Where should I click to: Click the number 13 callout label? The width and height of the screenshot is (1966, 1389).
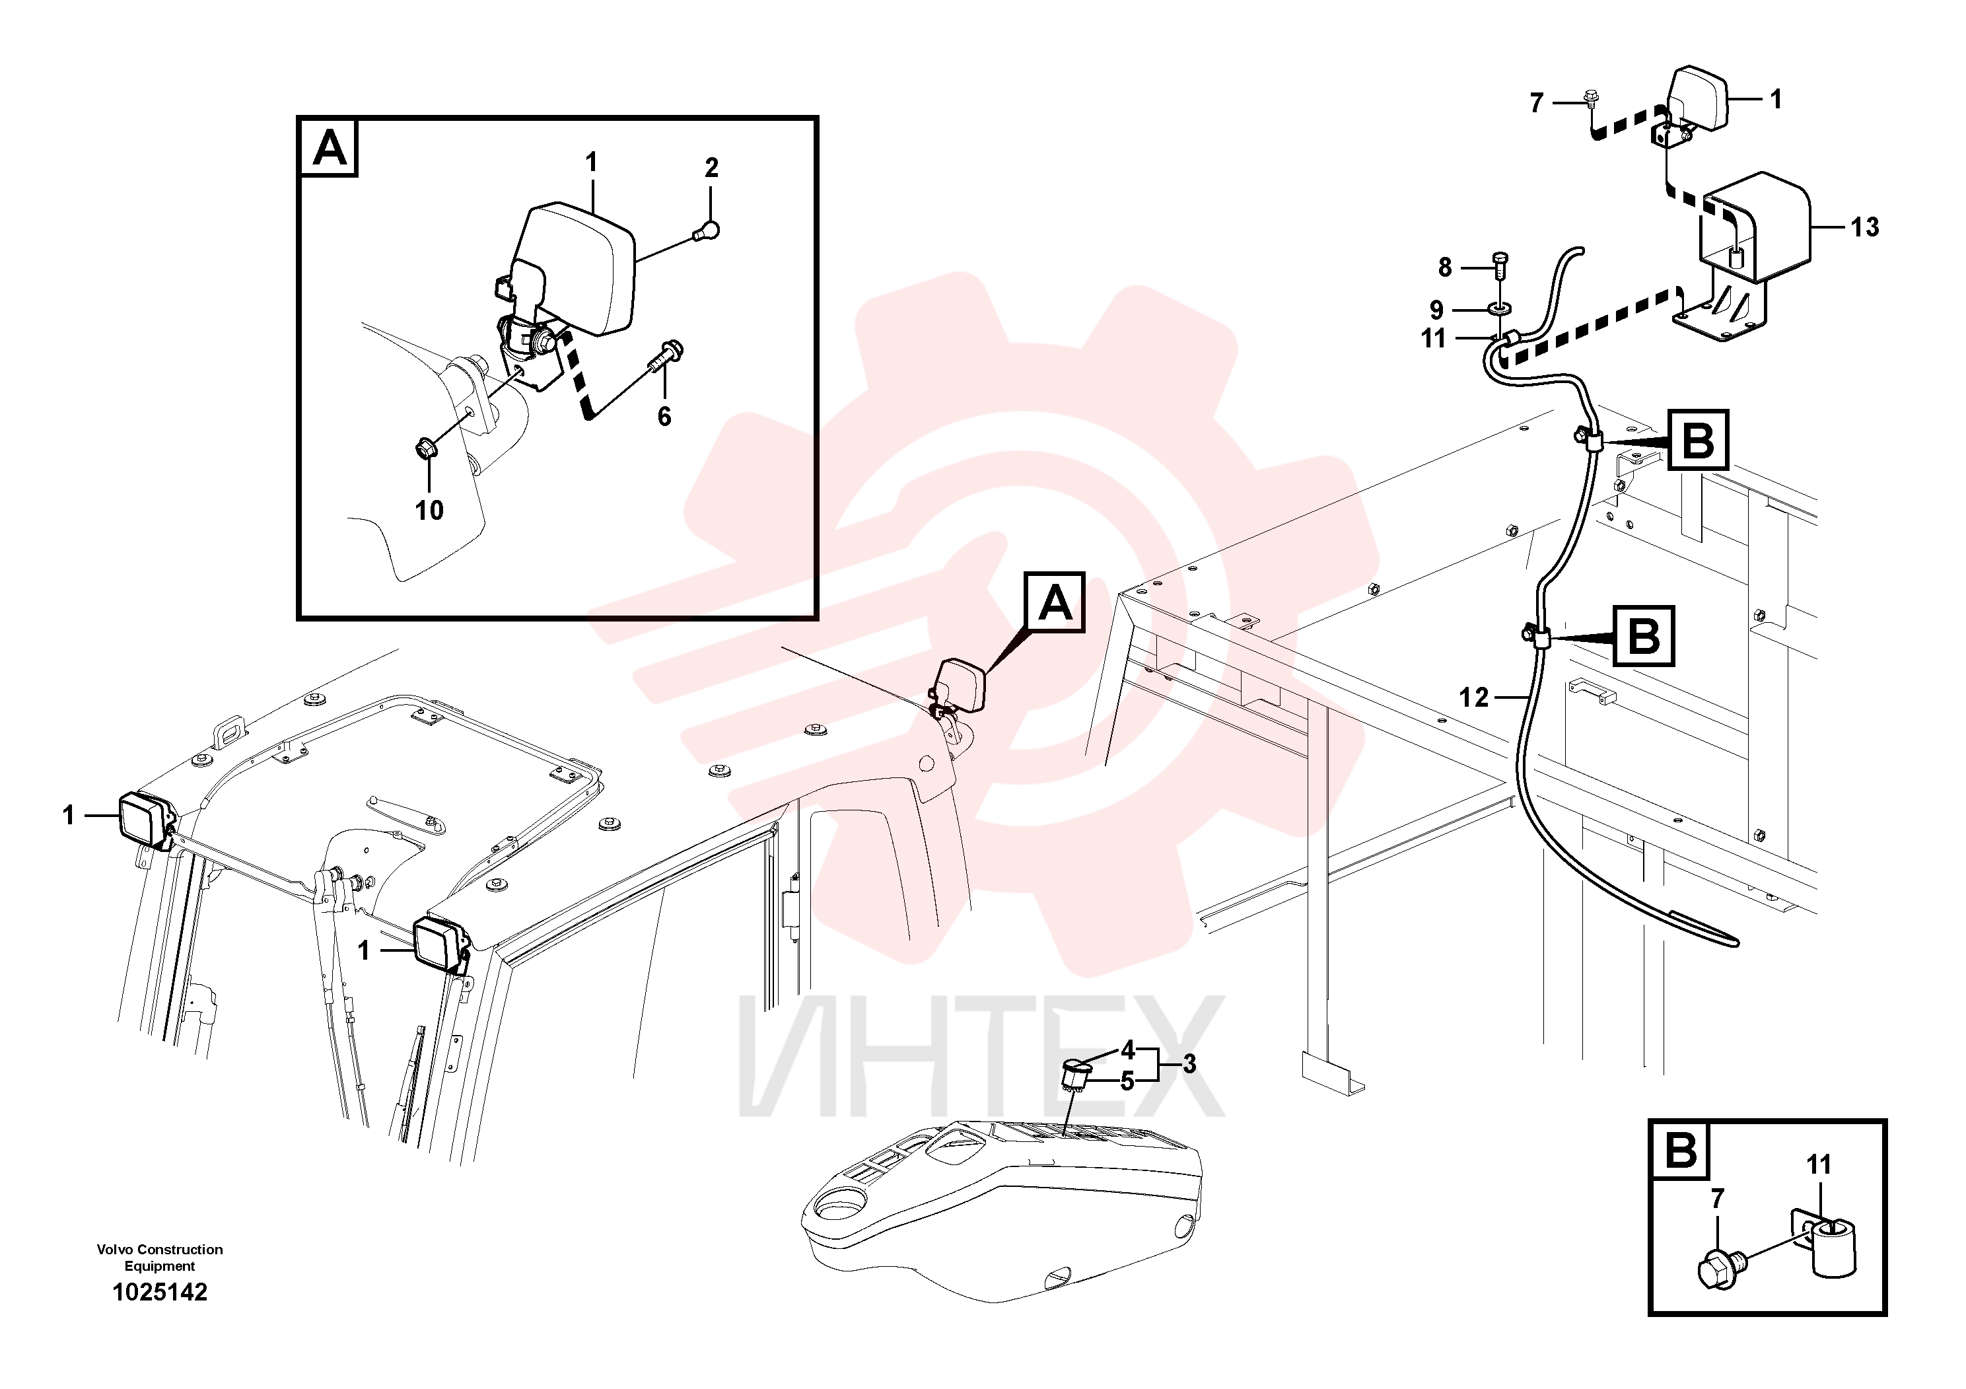point(1864,227)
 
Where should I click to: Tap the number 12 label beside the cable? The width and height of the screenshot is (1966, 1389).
point(1473,698)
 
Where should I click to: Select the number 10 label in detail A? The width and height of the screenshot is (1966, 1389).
point(429,511)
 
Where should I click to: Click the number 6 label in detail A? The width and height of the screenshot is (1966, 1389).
point(664,417)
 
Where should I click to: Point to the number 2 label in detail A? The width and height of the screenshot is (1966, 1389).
point(711,168)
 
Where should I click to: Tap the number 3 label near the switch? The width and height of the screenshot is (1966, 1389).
point(1189,1065)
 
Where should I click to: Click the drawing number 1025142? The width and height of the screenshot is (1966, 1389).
point(160,1292)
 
